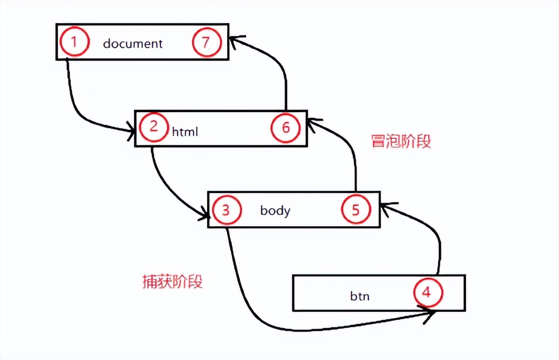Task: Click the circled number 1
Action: click(x=74, y=42)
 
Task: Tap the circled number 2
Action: click(x=153, y=126)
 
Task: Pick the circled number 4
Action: click(x=426, y=292)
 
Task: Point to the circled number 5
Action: click(x=355, y=210)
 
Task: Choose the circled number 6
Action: click(x=286, y=127)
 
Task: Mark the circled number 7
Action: click(x=206, y=42)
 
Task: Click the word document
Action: click(x=133, y=43)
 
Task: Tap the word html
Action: click(x=185, y=132)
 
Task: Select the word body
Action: click(x=275, y=210)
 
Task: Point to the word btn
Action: click(x=359, y=296)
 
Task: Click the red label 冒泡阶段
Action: click(x=401, y=141)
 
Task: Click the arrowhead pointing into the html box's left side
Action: click(x=131, y=131)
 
